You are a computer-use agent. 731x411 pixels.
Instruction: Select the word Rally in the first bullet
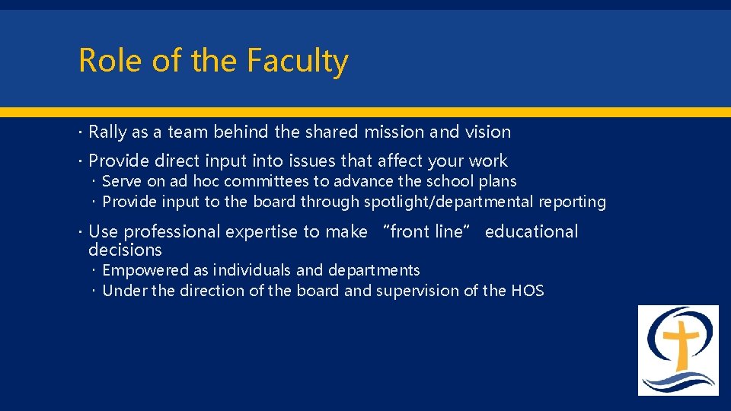point(108,132)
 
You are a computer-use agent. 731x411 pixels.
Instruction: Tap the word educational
point(531,231)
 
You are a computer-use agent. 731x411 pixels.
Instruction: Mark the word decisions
point(125,250)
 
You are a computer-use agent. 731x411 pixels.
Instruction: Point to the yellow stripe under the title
point(365,112)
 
